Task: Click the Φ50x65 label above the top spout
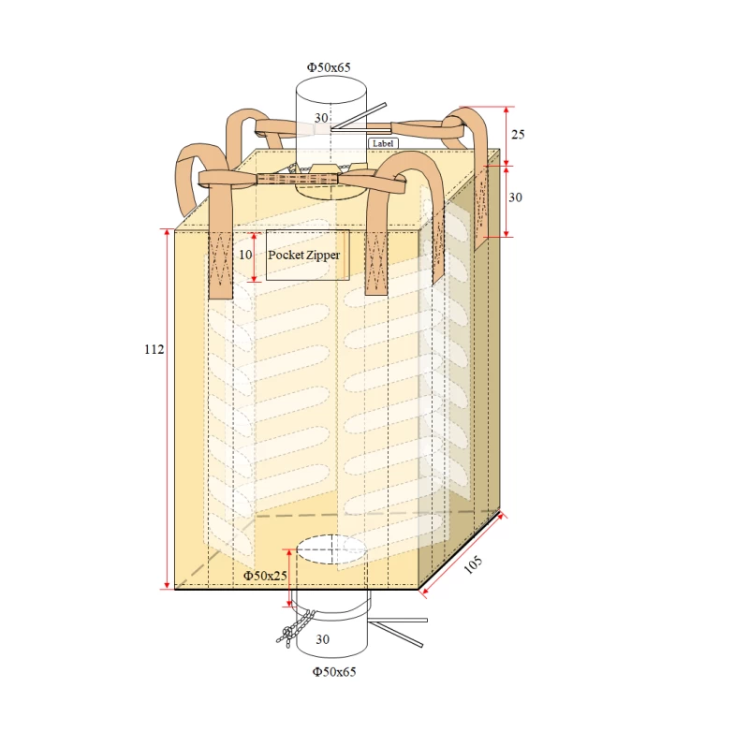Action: (329, 67)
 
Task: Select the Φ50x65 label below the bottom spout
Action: (334, 671)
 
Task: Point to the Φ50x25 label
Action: (265, 576)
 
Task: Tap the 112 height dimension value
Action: (154, 349)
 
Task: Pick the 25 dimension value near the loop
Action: (518, 135)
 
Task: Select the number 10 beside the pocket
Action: (245, 255)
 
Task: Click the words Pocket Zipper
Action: (304, 255)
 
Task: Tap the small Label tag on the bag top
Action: (383, 143)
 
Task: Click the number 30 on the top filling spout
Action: (321, 118)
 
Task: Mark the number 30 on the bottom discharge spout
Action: (322, 640)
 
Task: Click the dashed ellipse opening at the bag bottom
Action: (330, 549)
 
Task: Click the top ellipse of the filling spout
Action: (330, 91)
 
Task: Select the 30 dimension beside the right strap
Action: (516, 198)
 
